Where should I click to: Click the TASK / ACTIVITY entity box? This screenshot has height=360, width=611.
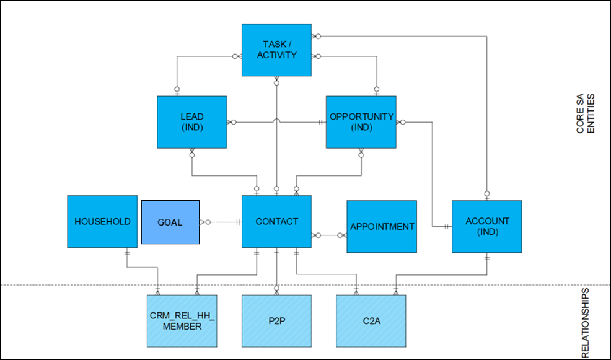coord(276,50)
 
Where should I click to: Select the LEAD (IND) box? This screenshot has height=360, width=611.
coord(191,121)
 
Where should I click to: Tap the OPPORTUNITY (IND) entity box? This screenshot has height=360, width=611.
coord(361,121)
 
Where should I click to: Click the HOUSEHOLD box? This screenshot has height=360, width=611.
coord(102,221)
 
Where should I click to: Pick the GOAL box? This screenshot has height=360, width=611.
coord(170,222)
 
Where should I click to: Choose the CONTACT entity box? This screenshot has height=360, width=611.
coord(276,221)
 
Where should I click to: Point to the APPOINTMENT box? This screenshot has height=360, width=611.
coord(382,226)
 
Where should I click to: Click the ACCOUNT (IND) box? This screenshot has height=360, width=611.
coord(486,226)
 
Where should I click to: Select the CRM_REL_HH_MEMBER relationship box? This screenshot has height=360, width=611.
coord(183,320)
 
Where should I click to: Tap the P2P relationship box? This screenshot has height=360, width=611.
coord(276,320)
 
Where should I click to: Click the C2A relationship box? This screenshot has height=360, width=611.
coord(371,320)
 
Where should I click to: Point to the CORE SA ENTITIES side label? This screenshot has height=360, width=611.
coord(585,114)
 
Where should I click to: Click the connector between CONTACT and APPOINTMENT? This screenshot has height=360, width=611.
coord(329,235)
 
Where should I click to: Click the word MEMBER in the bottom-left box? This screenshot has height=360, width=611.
coord(183,326)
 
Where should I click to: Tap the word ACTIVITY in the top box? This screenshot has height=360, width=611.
coord(276,55)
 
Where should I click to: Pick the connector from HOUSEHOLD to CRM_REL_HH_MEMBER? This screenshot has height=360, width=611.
coord(143,268)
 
